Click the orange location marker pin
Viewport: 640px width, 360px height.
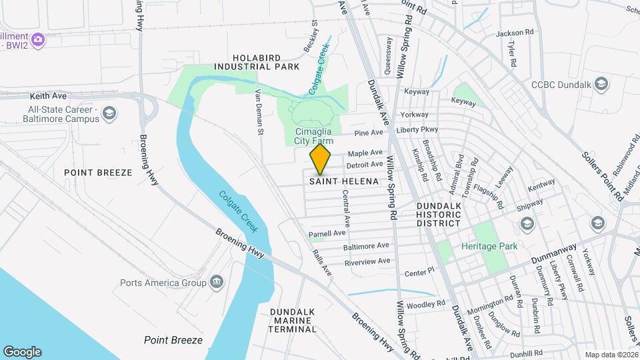coord(321,159)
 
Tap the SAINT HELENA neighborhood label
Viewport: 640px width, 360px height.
coord(344,181)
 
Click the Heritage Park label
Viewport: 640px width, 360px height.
coord(489,246)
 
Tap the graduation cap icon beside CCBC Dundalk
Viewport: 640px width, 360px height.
coord(601,84)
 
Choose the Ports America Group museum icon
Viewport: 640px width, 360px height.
coord(216,282)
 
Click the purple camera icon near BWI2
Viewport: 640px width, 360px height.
coord(38,39)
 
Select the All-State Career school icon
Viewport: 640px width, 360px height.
coord(109,114)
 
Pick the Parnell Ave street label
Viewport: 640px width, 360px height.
coord(327,234)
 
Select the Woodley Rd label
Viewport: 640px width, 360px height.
coord(425,304)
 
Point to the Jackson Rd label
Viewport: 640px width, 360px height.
coord(515,32)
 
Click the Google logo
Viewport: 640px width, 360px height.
coord(22,351)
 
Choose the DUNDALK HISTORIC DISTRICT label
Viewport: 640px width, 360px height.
coord(439,214)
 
